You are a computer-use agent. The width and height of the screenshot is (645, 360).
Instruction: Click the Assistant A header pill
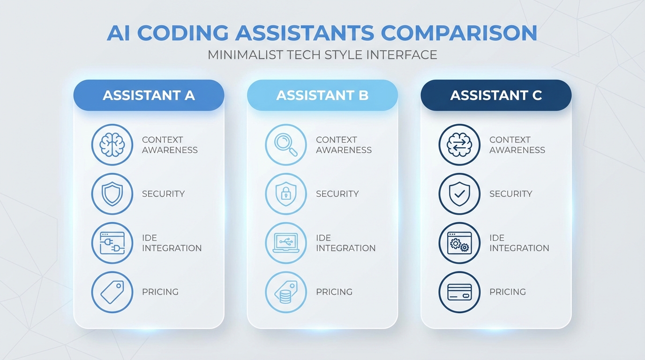click(149, 95)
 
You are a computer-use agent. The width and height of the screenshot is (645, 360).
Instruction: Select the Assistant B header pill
click(322, 95)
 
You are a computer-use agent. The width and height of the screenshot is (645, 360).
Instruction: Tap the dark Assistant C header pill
click(496, 95)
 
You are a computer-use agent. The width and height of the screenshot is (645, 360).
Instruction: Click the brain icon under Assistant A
click(112, 145)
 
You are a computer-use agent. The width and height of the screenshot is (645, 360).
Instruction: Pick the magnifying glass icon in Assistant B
click(286, 145)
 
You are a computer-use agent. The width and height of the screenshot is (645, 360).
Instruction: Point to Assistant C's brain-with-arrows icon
click(459, 145)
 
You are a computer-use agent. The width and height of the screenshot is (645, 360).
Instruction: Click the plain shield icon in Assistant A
click(112, 194)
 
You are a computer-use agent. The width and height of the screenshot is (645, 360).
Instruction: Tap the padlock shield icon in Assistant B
click(286, 194)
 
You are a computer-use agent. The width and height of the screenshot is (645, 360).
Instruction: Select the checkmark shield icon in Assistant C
click(459, 194)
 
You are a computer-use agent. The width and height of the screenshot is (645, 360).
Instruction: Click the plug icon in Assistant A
click(112, 243)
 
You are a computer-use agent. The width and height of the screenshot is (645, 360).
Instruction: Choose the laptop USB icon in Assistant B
click(286, 243)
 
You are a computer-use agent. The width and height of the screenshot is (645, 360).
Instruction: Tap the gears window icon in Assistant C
click(459, 243)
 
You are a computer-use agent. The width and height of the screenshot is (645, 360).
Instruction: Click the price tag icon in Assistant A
click(112, 292)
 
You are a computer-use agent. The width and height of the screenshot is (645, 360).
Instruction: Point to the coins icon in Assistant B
click(286, 292)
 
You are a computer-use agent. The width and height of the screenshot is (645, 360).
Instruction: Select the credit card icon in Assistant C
click(459, 292)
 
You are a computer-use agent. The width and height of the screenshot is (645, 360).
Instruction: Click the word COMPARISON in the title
click(459, 33)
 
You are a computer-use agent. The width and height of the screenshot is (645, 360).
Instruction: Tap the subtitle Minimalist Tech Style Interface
click(322, 54)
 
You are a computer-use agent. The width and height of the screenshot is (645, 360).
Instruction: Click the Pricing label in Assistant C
click(508, 292)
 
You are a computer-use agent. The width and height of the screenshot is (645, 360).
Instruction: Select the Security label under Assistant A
click(163, 194)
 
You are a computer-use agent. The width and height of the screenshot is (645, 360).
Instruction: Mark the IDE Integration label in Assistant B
click(345, 243)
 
